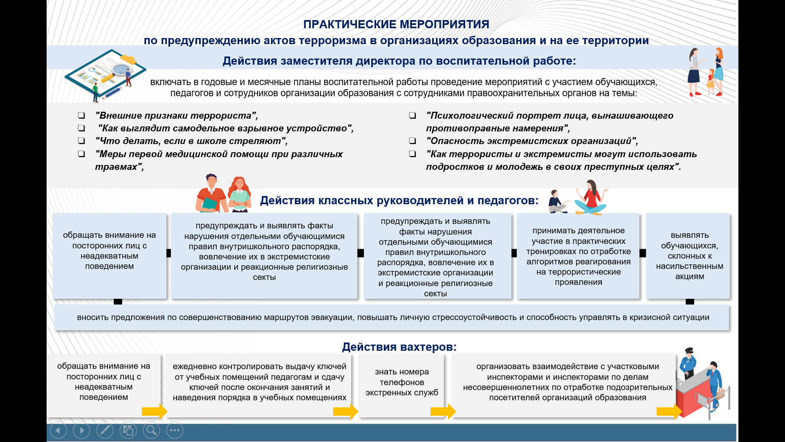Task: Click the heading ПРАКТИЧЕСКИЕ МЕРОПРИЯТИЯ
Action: pyautogui.click(x=396, y=24)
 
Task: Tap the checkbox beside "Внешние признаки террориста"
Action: pyautogui.click(x=82, y=115)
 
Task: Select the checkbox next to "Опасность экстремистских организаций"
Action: pyautogui.click(x=413, y=141)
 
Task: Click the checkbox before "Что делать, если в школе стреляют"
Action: pyautogui.click(x=82, y=141)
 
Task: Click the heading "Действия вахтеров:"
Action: pyautogui.click(x=399, y=347)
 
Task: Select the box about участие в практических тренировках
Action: pyautogui.click(x=578, y=256)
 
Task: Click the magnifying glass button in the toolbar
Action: pyautogui.click(x=151, y=431)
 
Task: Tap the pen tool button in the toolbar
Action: pyautogui.click(x=105, y=431)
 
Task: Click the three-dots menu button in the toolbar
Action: pyautogui.click(x=175, y=431)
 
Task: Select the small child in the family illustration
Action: pyautogui.click(x=711, y=81)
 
